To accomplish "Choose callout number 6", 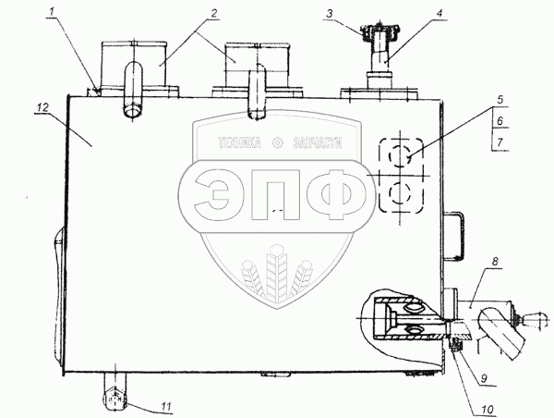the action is (498, 121).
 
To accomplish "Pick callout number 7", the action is (498, 141).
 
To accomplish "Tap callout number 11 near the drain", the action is (166, 405).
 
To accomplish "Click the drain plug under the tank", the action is (114, 397).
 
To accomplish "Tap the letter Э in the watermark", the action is (218, 192).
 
